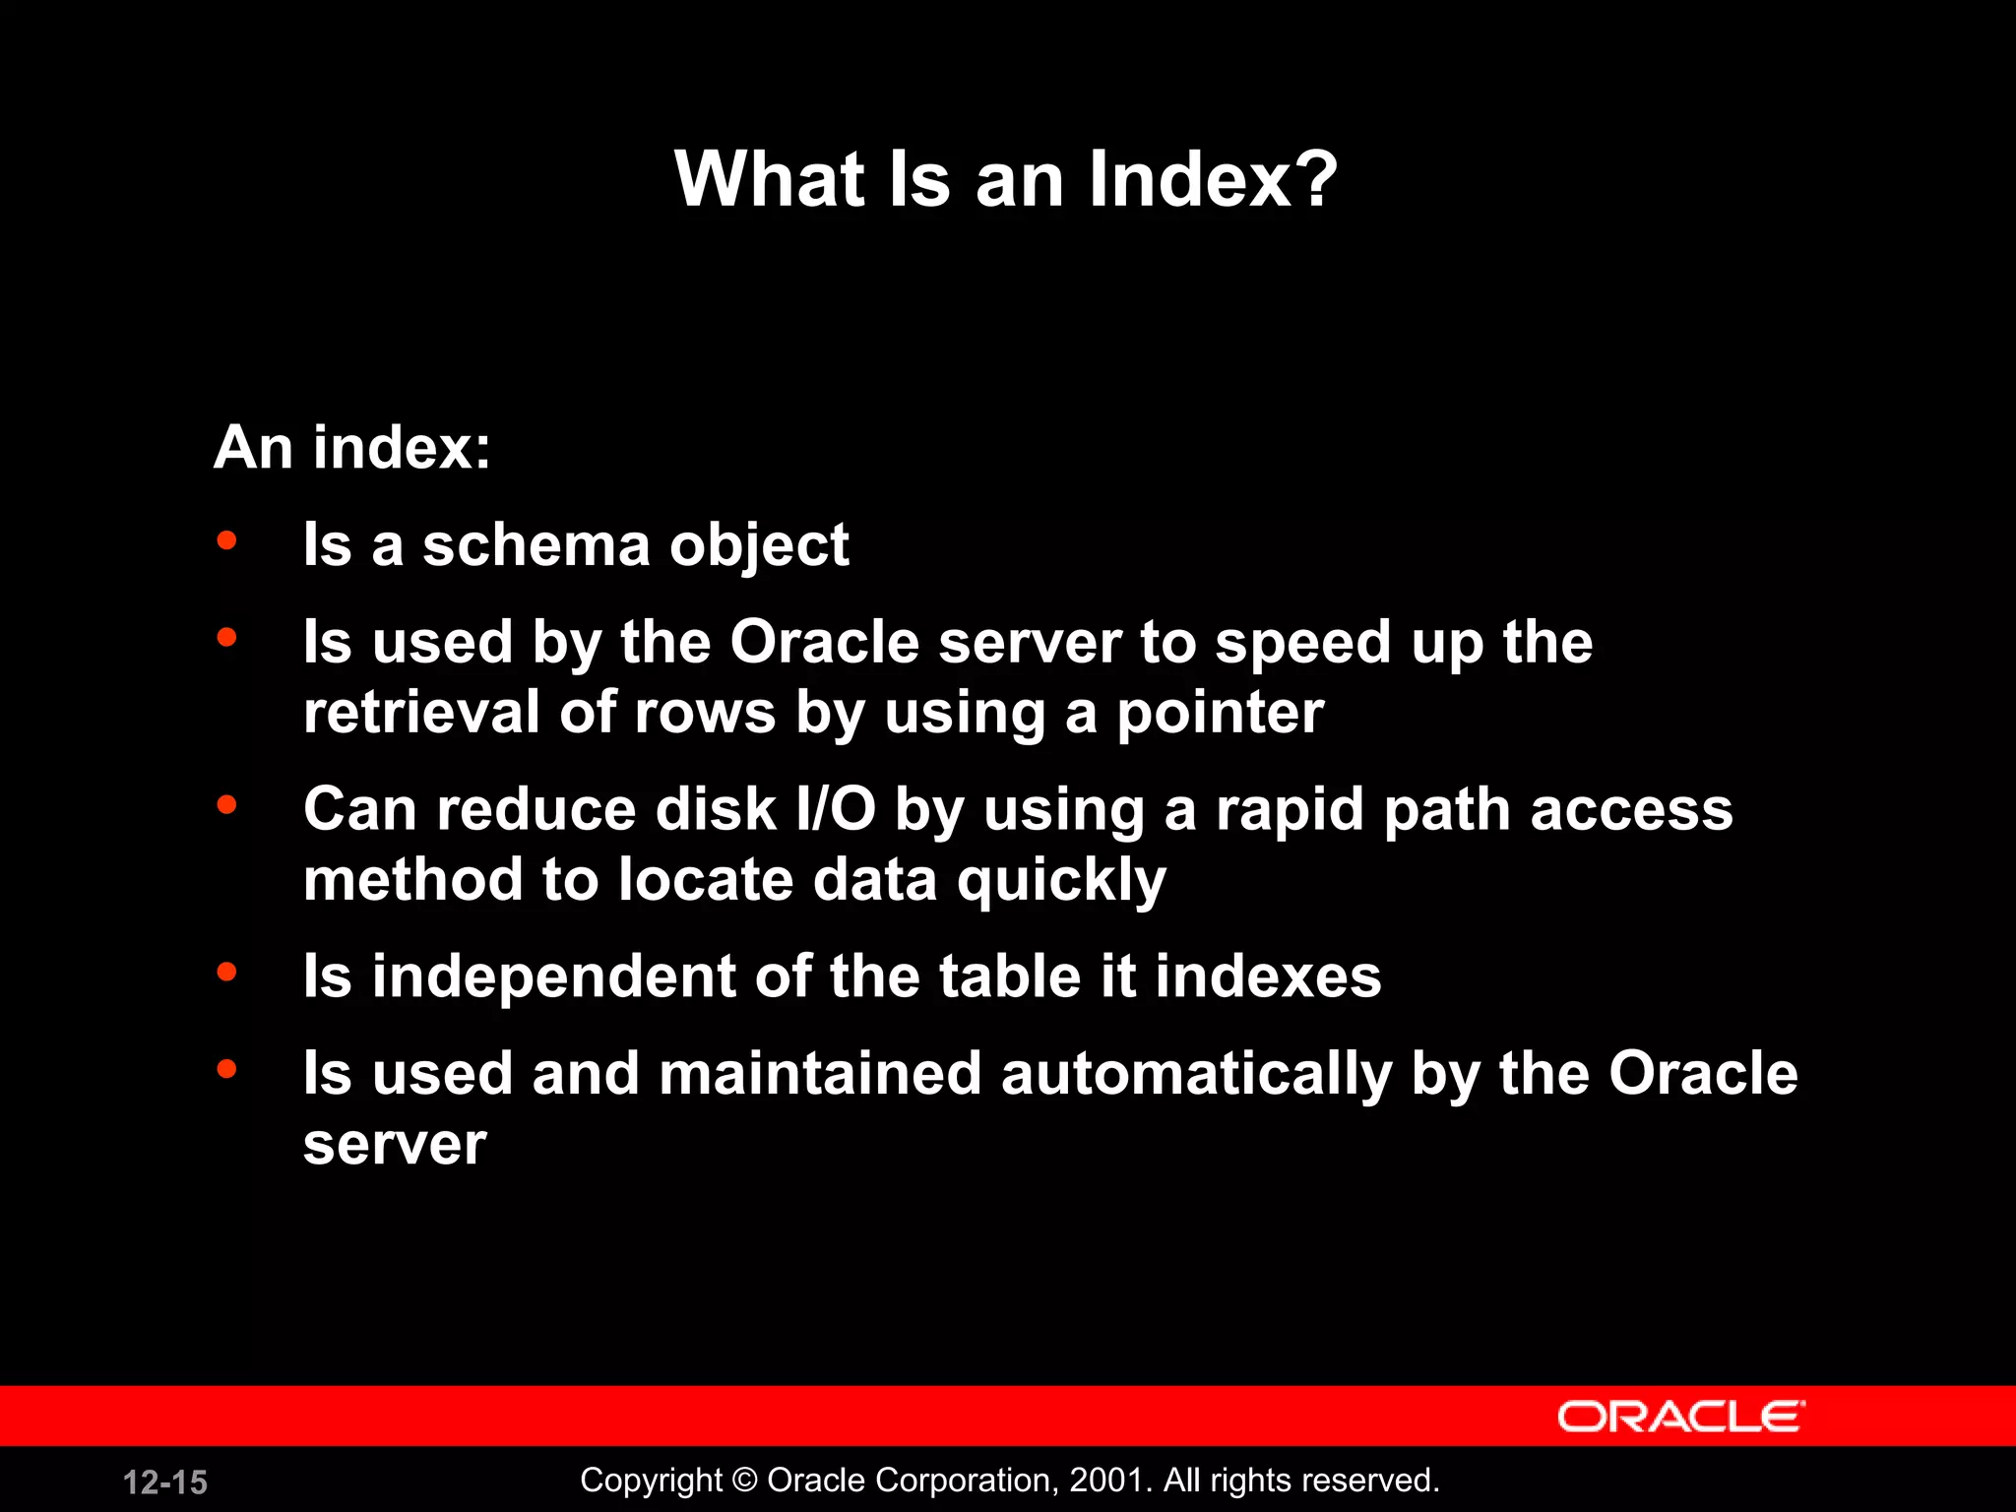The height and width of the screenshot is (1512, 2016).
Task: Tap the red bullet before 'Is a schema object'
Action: coord(227,540)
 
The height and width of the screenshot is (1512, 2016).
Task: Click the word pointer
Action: coord(1220,714)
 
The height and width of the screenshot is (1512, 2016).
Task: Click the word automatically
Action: coord(1197,1074)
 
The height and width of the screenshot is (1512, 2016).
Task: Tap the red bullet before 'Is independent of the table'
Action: coord(227,973)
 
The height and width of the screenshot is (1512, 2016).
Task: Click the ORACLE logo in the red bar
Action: coord(1680,1417)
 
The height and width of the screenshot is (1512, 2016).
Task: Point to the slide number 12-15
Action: coord(165,1482)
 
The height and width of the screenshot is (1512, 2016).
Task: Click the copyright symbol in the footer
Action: coord(745,1480)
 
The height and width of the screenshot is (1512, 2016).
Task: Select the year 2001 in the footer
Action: coord(1106,1480)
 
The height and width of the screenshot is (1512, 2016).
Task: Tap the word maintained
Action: coord(820,1073)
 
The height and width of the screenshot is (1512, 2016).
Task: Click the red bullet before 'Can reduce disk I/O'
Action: coord(227,805)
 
